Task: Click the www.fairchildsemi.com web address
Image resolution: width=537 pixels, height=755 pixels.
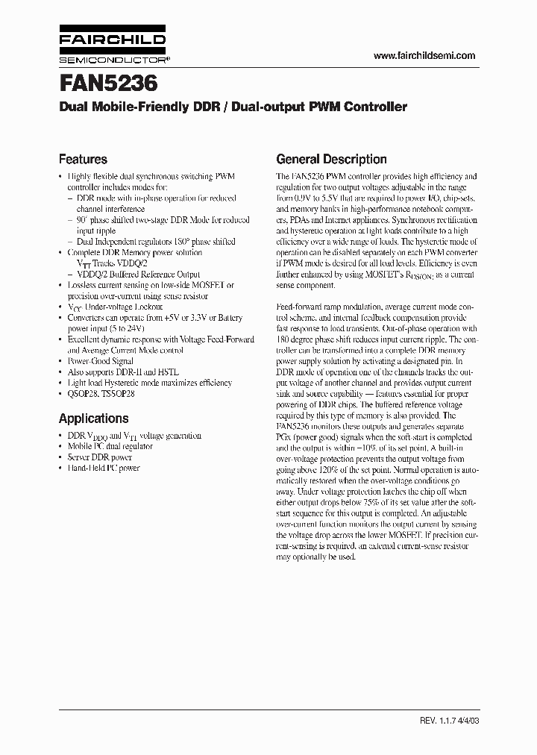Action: click(424, 56)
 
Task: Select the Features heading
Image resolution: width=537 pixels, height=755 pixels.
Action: click(83, 159)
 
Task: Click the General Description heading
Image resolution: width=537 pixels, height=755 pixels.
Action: click(331, 159)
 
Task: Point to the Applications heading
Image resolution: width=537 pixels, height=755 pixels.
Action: click(93, 419)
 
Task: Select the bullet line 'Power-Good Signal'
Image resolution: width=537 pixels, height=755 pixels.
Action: click(102, 360)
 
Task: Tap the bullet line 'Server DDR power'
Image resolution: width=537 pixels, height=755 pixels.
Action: click(100, 457)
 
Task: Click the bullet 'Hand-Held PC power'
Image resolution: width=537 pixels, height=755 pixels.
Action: click(104, 468)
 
